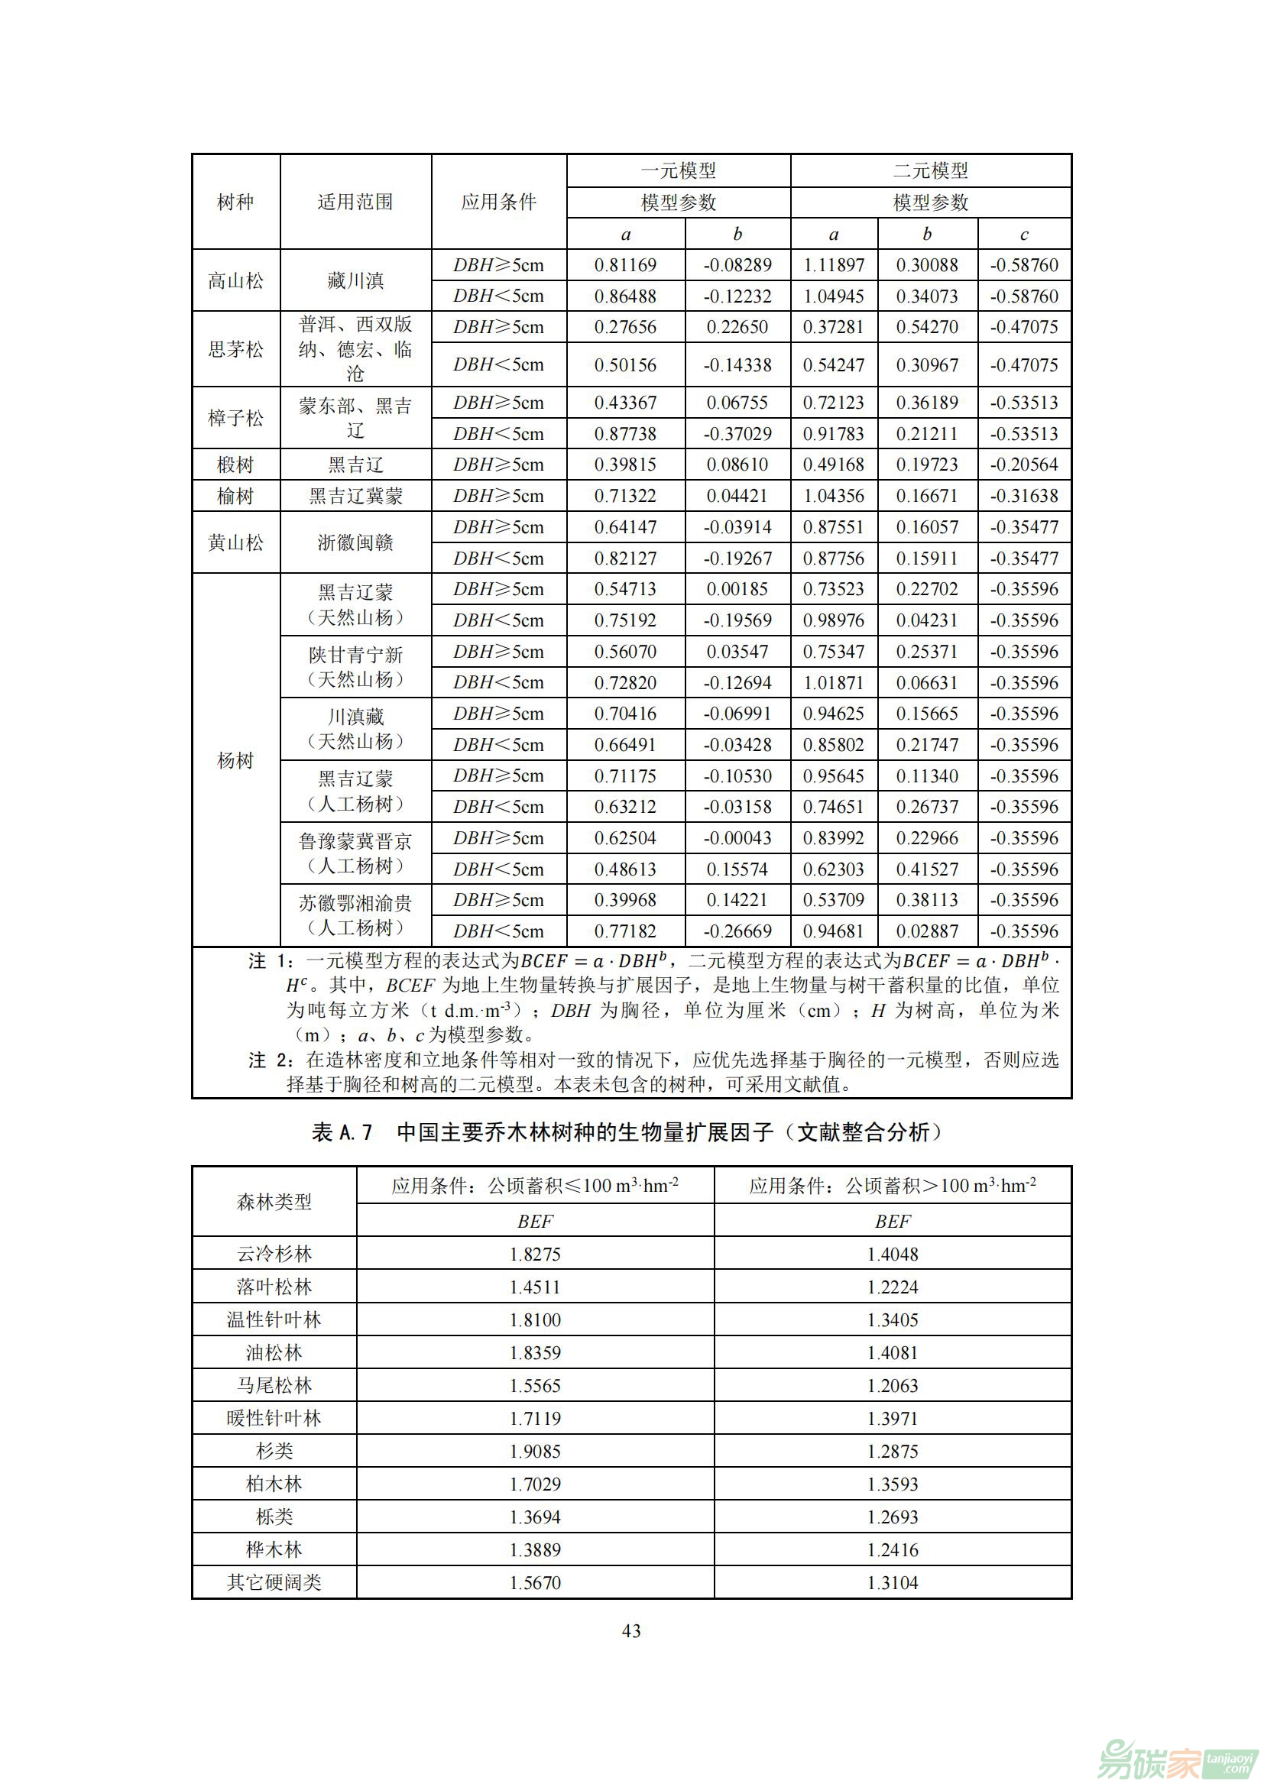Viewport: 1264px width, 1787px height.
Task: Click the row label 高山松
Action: point(235,280)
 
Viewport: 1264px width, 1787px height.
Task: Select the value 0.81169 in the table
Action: point(625,265)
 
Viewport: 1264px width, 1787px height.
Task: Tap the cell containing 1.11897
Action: point(834,265)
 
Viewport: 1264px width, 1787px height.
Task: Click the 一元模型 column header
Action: point(678,170)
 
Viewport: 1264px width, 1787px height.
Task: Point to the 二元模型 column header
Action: point(930,170)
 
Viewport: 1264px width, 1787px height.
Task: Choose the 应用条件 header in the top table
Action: point(499,202)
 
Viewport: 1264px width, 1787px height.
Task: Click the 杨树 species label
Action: point(235,759)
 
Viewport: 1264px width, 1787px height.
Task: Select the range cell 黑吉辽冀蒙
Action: point(355,496)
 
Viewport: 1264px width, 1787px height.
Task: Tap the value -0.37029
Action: point(737,433)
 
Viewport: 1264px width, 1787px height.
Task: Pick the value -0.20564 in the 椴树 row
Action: point(1023,465)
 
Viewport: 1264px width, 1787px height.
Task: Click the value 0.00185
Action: point(737,589)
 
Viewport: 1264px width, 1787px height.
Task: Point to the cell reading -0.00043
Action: point(737,838)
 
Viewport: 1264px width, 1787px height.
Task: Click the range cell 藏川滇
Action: point(355,280)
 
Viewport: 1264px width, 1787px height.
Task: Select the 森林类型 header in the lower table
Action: point(274,1203)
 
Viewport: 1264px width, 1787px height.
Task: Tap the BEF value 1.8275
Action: point(535,1254)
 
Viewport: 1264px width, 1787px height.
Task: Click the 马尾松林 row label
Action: point(274,1385)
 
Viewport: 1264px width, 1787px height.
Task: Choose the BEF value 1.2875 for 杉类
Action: point(892,1452)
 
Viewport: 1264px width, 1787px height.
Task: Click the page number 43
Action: point(631,1631)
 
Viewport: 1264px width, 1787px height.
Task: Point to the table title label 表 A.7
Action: point(342,1132)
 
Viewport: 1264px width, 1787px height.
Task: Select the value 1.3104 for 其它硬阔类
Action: point(892,1582)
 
